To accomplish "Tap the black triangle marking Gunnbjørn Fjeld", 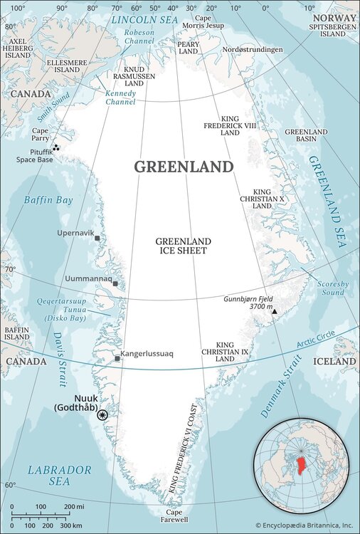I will point(274,311).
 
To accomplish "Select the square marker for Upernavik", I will point(97,239).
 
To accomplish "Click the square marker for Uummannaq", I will point(115,283).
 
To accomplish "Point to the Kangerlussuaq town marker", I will point(117,358).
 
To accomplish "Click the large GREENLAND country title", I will point(184,167).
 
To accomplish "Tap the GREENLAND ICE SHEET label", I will point(181,246).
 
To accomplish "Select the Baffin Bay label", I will point(48,201).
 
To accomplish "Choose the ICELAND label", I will point(334,362).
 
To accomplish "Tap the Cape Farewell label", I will point(174,516).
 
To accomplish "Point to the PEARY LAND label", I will point(189,48).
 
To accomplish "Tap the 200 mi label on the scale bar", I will point(75,507).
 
